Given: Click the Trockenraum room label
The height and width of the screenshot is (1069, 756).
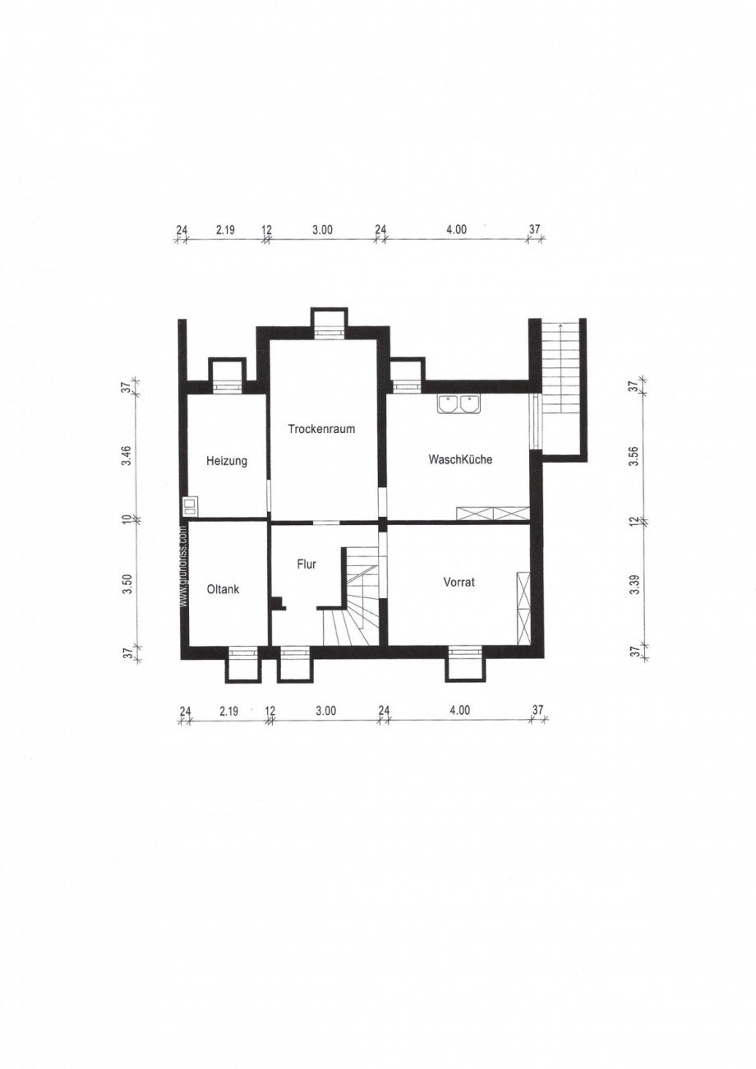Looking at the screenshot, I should pos(321,428).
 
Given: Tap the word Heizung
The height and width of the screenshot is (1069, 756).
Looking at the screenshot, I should pos(226,462).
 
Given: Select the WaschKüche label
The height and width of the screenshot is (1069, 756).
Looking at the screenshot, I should pos(460,459).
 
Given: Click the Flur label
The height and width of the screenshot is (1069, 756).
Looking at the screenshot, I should pos(307,564).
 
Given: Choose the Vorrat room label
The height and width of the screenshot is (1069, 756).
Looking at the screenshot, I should pos(459,582).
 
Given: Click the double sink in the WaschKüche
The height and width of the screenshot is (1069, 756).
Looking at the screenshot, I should pos(459,403).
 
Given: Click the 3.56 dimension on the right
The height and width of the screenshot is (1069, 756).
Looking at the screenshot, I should pos(634,456).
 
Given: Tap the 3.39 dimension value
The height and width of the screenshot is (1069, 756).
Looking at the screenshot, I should pos(634,583).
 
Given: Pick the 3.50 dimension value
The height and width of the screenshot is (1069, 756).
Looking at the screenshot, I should pos(126,584).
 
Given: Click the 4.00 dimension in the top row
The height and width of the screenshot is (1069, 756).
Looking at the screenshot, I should pos(456,231).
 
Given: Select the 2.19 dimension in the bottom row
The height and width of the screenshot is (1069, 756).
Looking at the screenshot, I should pos(229,711).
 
